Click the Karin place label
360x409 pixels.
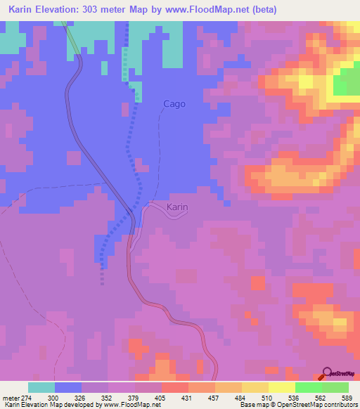click(x=177, y=207)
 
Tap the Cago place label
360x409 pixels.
click(x=174, y=104)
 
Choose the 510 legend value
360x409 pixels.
click(x=265, y=398)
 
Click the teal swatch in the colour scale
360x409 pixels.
click(x=41, y=387)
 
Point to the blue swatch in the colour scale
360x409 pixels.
click(x=68, y=387)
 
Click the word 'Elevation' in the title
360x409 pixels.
click(x=65, y=9)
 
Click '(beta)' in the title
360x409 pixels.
click(x=264, y=9)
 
